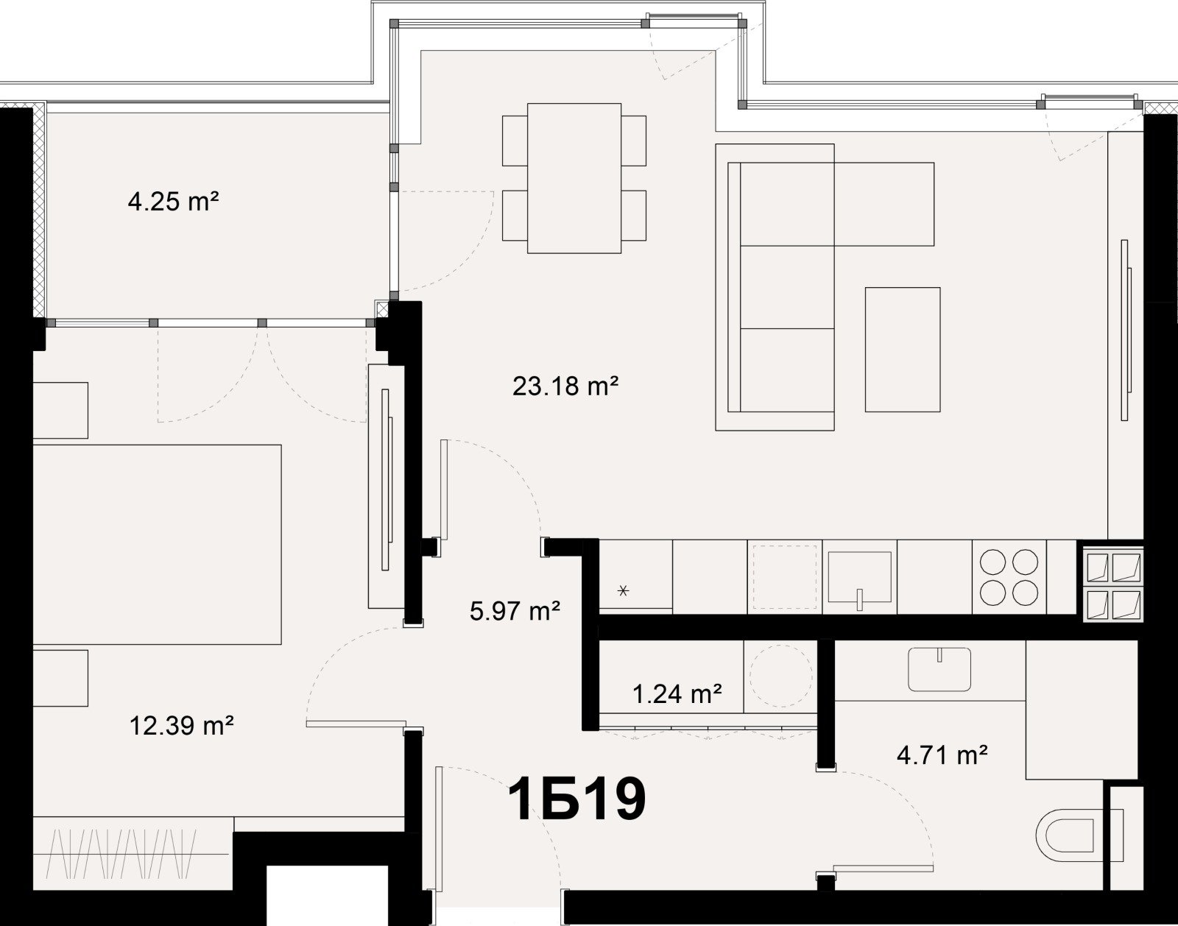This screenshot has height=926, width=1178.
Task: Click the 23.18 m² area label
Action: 565,386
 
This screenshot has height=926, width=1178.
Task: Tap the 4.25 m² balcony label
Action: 174,201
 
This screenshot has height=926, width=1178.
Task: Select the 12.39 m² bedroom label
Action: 182,726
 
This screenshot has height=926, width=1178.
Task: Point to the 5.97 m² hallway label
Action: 515,610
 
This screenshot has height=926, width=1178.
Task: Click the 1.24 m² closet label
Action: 677,693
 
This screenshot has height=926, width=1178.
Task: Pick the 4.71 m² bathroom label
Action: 942,754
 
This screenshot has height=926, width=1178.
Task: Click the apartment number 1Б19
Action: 577,800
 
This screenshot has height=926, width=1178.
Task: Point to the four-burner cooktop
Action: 1009,577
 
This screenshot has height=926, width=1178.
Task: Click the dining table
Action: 574,178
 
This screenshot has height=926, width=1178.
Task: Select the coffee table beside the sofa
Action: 903,349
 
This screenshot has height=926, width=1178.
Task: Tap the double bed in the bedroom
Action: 157,544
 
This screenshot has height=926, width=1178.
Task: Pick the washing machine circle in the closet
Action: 781,676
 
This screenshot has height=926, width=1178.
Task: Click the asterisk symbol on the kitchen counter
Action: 624,590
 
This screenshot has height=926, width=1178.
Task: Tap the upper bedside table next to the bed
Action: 60,410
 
